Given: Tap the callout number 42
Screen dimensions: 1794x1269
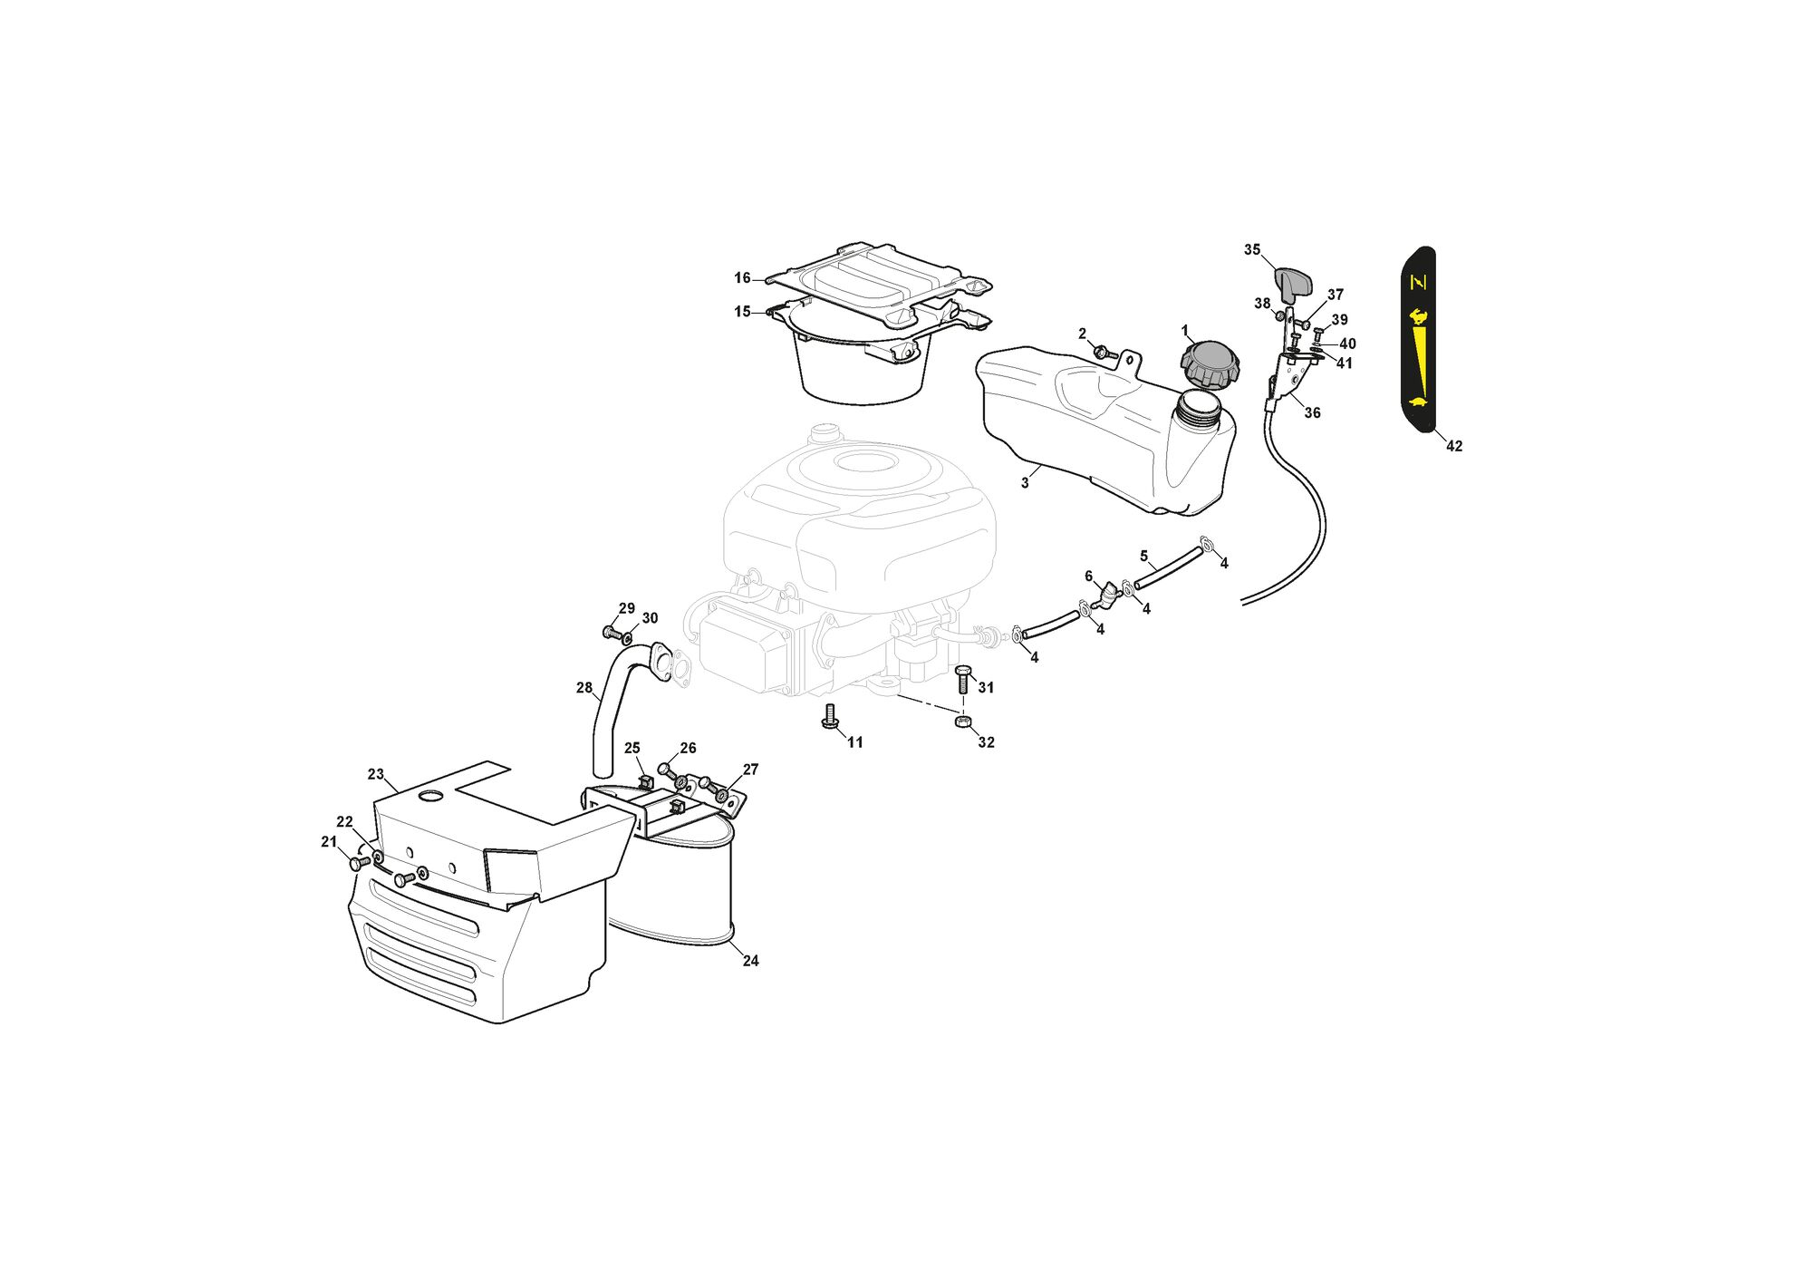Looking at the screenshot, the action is coord(1453,446).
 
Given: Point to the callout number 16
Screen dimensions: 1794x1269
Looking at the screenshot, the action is coord(742,278).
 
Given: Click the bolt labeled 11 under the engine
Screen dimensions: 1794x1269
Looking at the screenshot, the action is coord(828,716).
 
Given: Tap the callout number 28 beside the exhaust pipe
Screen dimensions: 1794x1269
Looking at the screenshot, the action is coord(584,688).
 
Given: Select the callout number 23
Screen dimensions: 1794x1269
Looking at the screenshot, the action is coord(376,774).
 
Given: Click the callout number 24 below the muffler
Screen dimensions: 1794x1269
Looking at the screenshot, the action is coord(750,961).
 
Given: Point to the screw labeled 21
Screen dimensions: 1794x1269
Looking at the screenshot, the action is coord(360,863).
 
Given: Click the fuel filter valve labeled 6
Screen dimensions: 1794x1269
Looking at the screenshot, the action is coord(1107,595).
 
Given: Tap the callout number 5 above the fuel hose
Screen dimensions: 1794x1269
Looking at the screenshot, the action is coord(1143,556).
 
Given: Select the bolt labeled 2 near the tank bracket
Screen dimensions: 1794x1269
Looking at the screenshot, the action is coord(1102,352).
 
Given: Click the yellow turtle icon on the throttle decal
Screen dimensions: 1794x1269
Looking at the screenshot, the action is coord(1418,402).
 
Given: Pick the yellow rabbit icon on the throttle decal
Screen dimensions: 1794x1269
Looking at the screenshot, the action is coord(1417,316).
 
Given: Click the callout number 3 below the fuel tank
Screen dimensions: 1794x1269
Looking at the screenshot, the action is coord(1025,483).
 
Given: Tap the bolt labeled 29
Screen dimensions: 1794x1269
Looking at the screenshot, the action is coord(611,631).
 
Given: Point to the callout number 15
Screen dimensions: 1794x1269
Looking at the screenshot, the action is coord(742,312).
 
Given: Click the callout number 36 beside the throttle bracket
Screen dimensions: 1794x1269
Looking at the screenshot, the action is coord(1312,412).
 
